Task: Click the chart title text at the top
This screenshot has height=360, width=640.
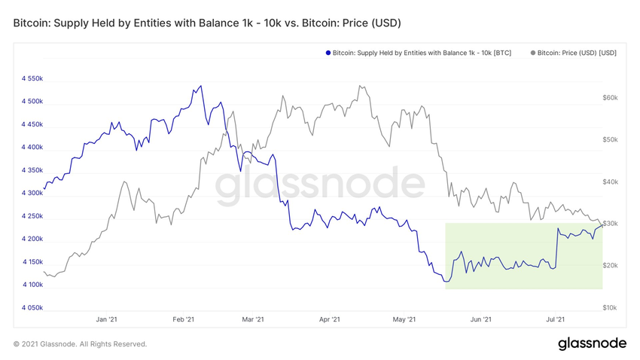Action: coord(207,23)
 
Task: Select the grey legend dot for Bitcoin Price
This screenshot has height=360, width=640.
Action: coord(533,53)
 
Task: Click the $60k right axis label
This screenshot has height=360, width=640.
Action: coord(610,98)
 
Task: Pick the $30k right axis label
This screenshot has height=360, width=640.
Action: coord(610,224)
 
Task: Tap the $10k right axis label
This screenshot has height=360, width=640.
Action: coord(610,308)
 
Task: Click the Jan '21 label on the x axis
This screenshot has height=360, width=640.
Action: coord(107,320)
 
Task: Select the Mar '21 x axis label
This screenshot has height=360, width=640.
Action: coord(254,320)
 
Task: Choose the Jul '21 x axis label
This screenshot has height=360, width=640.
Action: coord(555,320)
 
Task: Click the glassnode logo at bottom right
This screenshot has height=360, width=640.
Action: coord(592,343)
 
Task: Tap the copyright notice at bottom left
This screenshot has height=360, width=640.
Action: coord(80,344)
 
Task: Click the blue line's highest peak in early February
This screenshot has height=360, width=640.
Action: coord(200,86)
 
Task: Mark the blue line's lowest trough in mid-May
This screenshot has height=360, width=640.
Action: coord(446,282)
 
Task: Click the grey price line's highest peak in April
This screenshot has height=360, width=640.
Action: coord(361,86)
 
